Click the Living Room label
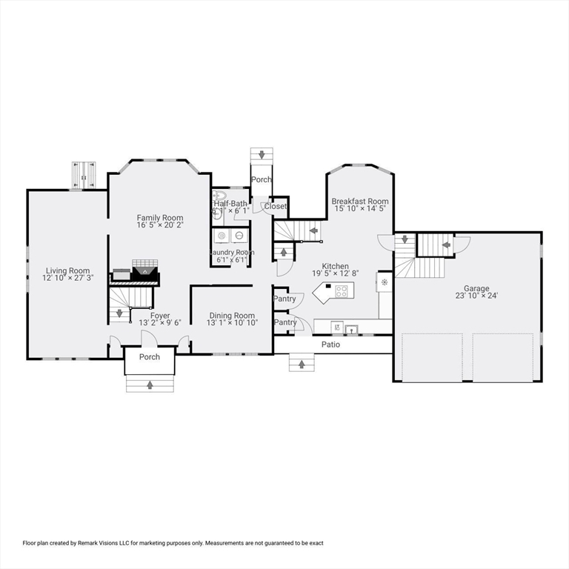click(67, 271)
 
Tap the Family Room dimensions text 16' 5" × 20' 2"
click(159, 225)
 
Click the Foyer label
click(160, 316)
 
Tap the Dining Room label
click(232, 315)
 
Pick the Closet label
click(275, 207)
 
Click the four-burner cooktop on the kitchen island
click(342, 291)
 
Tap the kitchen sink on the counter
click(351, 327)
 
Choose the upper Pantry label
click(285, 299)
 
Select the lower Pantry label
click(285, 322)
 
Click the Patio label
click(330, 345)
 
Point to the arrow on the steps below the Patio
click(302, 363)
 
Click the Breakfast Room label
click(360, 202)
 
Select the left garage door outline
click(432, 357)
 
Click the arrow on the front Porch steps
click(150, 385)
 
